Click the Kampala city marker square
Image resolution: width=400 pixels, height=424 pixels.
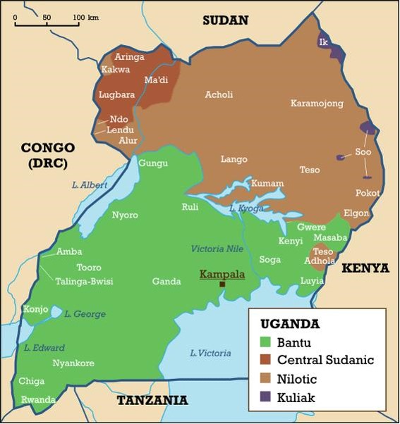pyautogui.click(x=222, y=285)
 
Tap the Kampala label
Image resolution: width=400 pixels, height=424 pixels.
pyautogui.click(x=222, y=273)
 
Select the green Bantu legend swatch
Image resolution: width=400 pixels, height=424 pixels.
pyautogui.click(x=265, y=343)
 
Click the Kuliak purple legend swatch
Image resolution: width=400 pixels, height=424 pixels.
pyautogui.click(x=265, y=398)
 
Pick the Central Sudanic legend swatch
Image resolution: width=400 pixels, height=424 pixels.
pyautogui.click(x=265, y=361)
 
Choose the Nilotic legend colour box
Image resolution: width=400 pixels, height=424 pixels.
pyautogui.click(x=265, y=380)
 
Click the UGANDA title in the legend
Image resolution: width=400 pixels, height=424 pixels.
pyautogui.click(x=290, y=325)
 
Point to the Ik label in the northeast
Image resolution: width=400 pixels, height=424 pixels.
pyautogui.click(x=324, y=42)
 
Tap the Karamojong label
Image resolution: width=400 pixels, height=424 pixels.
pyautogui.click(x=317, y=104)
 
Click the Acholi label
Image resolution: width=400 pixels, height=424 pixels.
pyautogui.click(x=219, y=94)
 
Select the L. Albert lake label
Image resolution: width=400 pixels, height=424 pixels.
pyautogui.click(x=90, y=185)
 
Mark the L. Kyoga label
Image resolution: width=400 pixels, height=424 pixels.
pyautogui.click(x=247, y=209)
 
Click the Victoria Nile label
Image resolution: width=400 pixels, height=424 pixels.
pyautogui.click(x=220, y=249)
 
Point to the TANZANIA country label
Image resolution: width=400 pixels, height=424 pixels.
pyautogui.click(x=152, y=401)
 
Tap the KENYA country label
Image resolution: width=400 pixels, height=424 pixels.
pyautogui.click(x=365, y=268)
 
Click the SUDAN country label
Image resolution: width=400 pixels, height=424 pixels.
pyautogui.click(x=226, y=20)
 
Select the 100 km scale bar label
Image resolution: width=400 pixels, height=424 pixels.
pyautogui.click(x=85, y=16)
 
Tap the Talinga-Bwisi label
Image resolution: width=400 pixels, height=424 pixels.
pyautogui.click(x=84, y=281)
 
